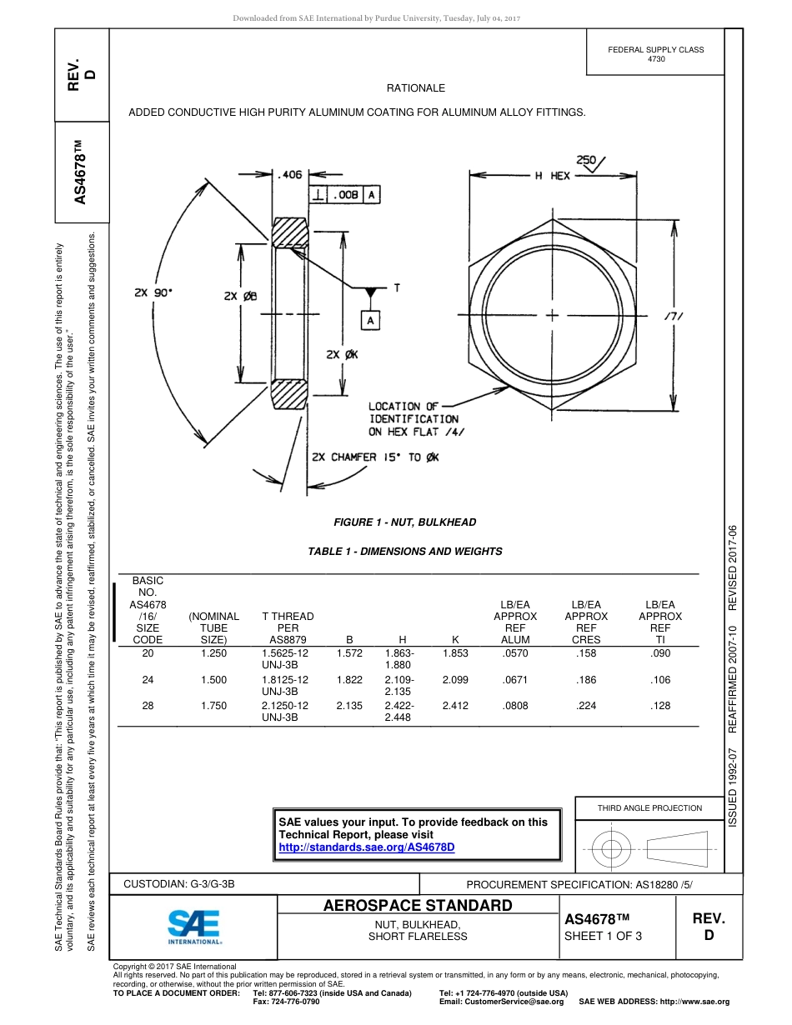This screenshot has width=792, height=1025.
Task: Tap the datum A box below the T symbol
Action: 370,320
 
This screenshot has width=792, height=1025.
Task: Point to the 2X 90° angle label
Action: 154,292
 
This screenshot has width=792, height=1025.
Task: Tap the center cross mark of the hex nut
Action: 552,316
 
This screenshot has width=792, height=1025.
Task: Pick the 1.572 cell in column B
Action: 349,653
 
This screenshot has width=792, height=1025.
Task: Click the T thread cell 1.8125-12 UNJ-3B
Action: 285,685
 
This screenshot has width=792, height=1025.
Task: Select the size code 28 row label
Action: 148,706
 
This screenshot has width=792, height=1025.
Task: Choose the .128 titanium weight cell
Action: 660,706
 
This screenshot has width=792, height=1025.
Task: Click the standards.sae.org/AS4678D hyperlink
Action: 366,847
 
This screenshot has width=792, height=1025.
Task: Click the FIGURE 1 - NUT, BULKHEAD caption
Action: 405,522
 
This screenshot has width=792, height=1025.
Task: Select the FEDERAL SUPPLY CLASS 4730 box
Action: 656,54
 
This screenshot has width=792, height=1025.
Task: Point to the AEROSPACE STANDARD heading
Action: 418,906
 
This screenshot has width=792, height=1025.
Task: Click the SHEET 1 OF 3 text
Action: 604,936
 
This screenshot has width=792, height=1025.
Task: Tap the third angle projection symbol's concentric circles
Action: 612,850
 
